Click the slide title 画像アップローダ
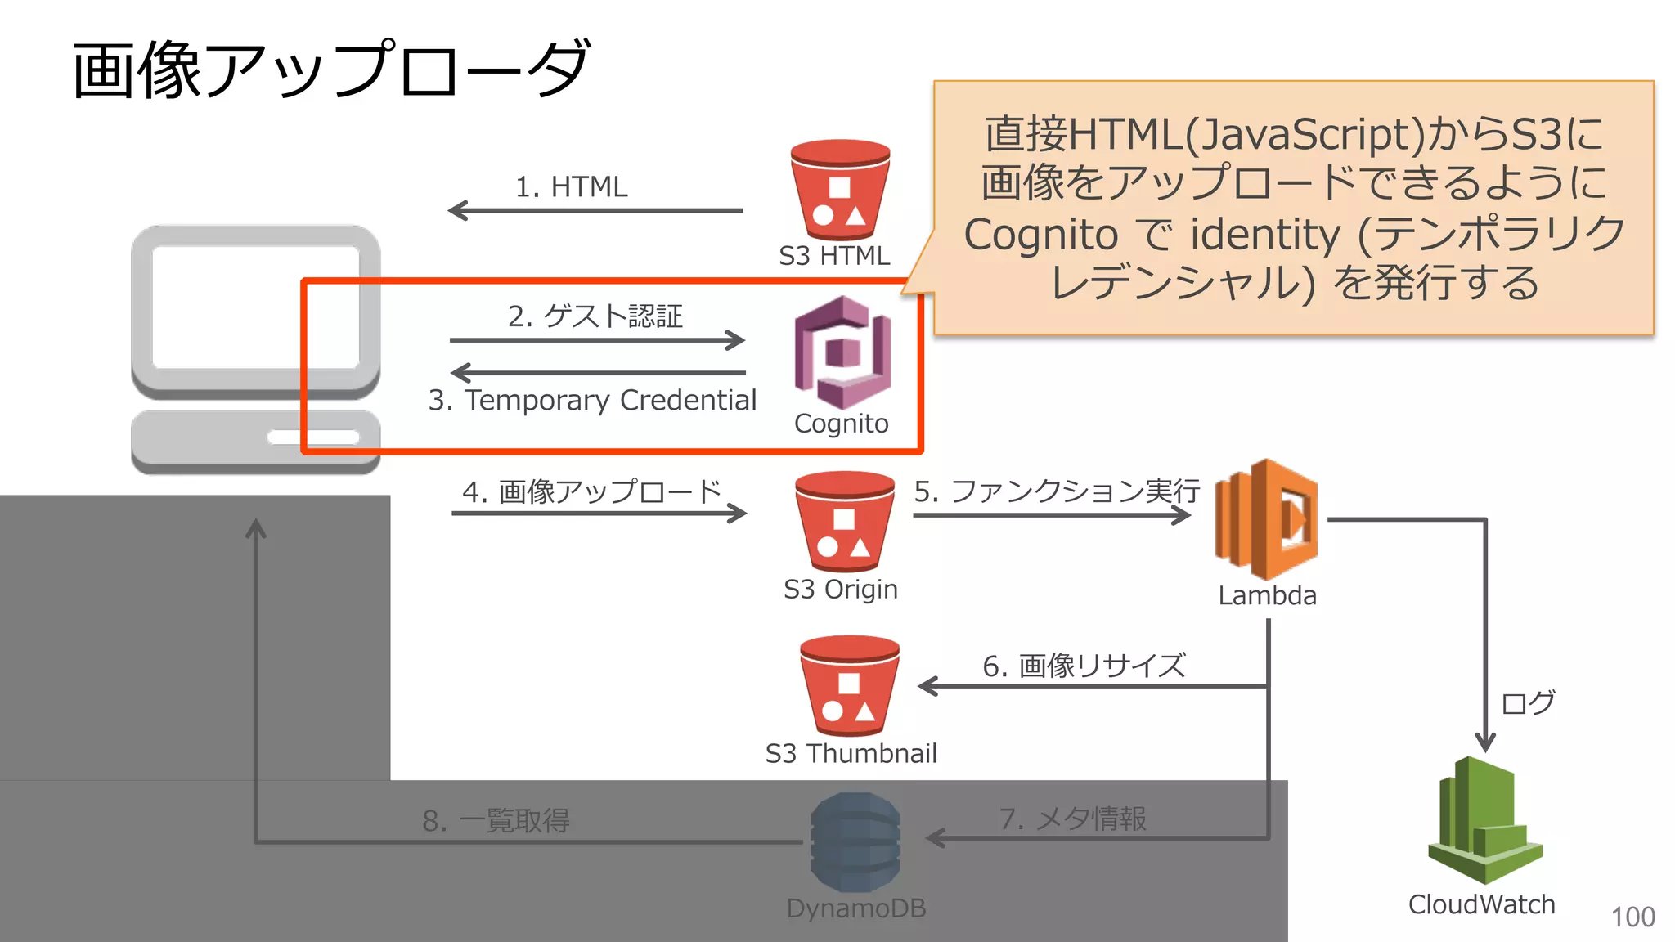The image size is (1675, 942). pos(330,70)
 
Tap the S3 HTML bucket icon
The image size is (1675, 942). pos(840,191)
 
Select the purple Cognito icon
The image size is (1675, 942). pos(842,352)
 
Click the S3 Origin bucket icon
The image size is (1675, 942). pos(844,522)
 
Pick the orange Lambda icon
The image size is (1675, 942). pos(1266,520)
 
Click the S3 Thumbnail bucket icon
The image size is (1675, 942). pos(849,686)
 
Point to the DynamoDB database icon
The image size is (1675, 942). pos(855,842)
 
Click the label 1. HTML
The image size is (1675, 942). pos(571,186)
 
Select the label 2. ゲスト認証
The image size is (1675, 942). pos(595,316)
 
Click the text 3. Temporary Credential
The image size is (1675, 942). pos(592,400)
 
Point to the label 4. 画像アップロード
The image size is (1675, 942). pos(591,491)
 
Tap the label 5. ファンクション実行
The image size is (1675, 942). pos(1056,491)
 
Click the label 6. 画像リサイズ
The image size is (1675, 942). pos(1083,666)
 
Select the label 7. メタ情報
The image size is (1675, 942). pos(1072,818)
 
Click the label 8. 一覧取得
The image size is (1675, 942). pos(496,820)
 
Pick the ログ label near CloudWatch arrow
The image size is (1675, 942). pos(1528,702)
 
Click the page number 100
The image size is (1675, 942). pos(1632,917)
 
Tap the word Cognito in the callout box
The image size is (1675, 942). pos(1040,235)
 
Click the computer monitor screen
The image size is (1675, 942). pos(255,307)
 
